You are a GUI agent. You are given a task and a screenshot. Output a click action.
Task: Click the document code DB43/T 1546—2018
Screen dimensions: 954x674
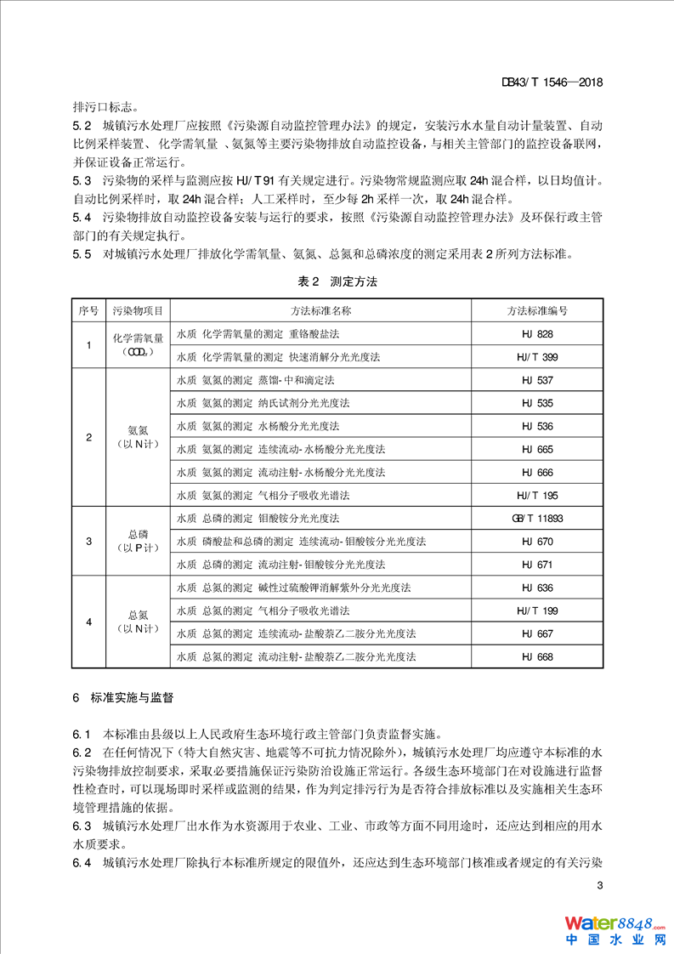(552, 82)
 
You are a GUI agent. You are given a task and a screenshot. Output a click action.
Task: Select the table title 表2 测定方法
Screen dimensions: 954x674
(337, 281)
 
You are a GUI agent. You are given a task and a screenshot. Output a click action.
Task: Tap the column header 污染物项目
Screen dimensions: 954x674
(138, 311)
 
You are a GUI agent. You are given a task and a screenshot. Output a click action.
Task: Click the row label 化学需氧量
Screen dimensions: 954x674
(138, 339)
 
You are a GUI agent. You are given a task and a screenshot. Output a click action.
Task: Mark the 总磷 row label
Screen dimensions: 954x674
(138, 535)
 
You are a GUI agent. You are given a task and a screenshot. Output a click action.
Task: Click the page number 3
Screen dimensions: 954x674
(600, 886)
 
